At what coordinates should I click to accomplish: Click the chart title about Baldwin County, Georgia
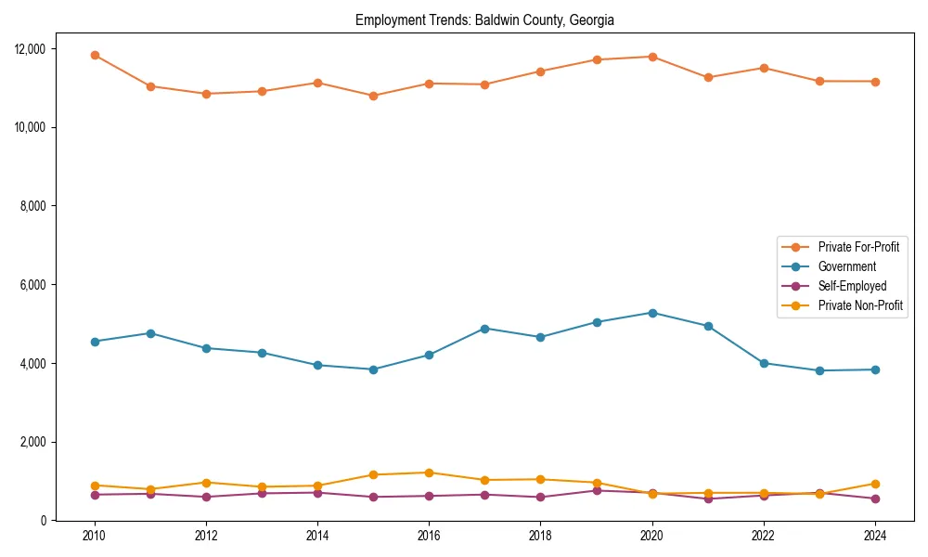click(x=484, y=19)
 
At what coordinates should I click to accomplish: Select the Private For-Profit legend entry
click(x=857, y=247)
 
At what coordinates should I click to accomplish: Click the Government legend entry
click(x=846, y=266)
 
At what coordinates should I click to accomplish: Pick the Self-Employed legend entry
click(x=852, y=286)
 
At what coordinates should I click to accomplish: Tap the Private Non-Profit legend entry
click(x=860, y=305)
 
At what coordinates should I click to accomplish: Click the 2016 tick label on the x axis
click(x=429, y=537)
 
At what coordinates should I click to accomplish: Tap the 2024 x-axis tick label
click(x=875, y=537)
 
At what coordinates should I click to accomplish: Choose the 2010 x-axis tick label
click(x=94, y=537)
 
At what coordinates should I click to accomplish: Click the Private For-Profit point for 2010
click(x=95, y=55)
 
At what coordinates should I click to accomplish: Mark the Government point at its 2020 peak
click(x=652, y=313)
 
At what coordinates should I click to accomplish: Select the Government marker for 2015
click(x=373, y=369)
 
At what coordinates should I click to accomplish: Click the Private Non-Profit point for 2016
click(x=429, y=473)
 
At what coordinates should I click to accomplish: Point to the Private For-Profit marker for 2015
click(x=373, y=96)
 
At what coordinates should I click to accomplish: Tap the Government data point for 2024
click(x=875, y=369)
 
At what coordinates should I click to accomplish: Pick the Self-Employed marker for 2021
click(x=708, y=499)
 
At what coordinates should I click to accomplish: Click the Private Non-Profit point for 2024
click(x=875, y=484)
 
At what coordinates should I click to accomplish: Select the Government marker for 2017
click(x=484, y=329)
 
